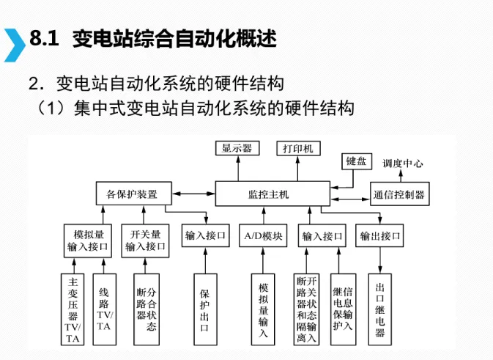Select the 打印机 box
click(x=298, y=148)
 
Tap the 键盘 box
click(x=357, y=161)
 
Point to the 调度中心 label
click(x=402, y=164)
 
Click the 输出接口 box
click(x=380, y=236)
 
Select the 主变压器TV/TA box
click(x=73, y=308)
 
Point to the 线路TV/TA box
click(x=105, y=308)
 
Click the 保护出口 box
click(x=205, y=308)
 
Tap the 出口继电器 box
click(x=380, y=308)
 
